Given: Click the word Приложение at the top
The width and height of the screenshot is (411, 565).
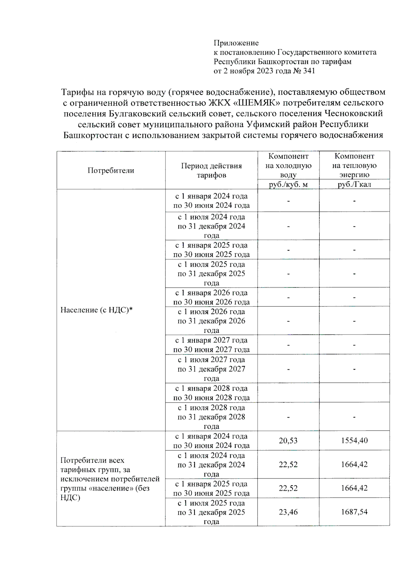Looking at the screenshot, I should click(236, 43).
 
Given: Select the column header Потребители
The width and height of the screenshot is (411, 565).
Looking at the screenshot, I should click(111, 171).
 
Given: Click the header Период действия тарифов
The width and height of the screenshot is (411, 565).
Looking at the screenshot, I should click(211, 171).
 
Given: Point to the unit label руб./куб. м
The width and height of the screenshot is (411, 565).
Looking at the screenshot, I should click(288, 185).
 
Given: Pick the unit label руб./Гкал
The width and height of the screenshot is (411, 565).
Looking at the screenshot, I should click(354, 185).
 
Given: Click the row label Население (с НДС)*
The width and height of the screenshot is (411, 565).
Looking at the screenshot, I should click(97, 310).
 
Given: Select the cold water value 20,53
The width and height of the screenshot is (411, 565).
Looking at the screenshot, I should click(288, 441).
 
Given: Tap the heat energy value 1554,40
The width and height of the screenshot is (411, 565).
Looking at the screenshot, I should click(354, 441).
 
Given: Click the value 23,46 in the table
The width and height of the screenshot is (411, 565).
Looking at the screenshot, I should click(288, 512).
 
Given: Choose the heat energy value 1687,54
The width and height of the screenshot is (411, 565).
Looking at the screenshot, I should click(354, 512).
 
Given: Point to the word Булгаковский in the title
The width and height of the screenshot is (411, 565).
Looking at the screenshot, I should click(137, 114).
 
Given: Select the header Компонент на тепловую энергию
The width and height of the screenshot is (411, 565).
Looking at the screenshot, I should click(354, 166).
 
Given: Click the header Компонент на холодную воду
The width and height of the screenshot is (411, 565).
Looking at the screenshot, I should click(288, 166).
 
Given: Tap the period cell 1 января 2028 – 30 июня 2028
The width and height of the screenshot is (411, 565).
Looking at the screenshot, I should click(211, 393).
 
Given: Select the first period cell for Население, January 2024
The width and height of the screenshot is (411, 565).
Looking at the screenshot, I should click(211, 201).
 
